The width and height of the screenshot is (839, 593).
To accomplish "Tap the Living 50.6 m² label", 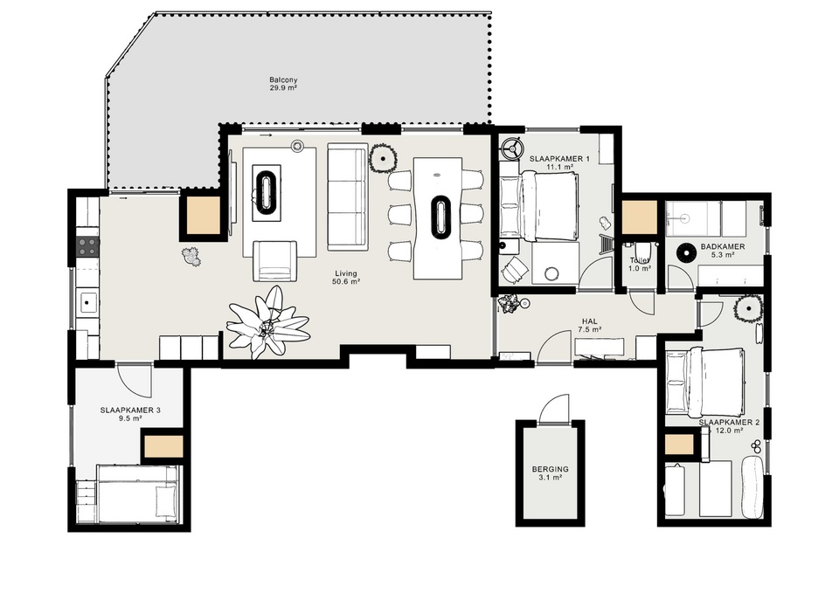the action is (x=345, y=278).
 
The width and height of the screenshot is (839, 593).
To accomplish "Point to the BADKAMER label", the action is (x=723, y=247).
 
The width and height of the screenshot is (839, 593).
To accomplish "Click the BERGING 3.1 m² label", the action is (x=550, y=472).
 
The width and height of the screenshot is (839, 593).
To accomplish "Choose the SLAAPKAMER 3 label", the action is (x=130, y=410).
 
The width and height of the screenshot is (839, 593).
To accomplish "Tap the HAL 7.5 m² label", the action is (x=590, y=325).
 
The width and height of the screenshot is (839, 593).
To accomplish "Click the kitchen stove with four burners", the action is (x=88, y=246).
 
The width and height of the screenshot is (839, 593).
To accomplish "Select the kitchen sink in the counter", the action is (x=87, y=304).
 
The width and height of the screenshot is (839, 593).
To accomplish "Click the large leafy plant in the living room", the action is (x=267, y=324).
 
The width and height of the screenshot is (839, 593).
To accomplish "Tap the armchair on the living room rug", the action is (x=274, y=261).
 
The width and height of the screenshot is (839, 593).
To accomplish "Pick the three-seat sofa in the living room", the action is (x=348, y=197).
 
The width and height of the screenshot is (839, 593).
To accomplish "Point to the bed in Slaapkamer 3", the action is (x=137, y=493).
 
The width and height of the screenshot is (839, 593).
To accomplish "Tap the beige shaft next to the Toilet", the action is (x=640, y=217).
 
